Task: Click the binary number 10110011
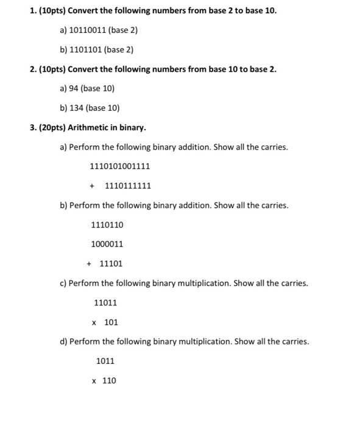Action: tap(89, 29)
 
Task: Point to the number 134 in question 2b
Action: tap(76, 108)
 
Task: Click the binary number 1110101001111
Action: tap(120, 166)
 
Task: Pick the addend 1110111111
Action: tap(128, 186)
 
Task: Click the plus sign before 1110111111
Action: tap(92, 186)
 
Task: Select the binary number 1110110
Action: tap(107, 225)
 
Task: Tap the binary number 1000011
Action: tap(107, 244)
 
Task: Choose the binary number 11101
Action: tap(111, 264)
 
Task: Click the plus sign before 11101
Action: tap(89, 264)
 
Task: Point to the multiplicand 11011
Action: tap(105, 302)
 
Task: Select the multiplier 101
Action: tap(111, 322)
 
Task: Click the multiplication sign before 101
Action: tap(94, 323)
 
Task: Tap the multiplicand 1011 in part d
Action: tap(105, 361)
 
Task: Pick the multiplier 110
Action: tap(108, 380)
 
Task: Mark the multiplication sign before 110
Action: tap(94, 381)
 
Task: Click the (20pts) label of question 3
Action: tap(51, 128)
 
